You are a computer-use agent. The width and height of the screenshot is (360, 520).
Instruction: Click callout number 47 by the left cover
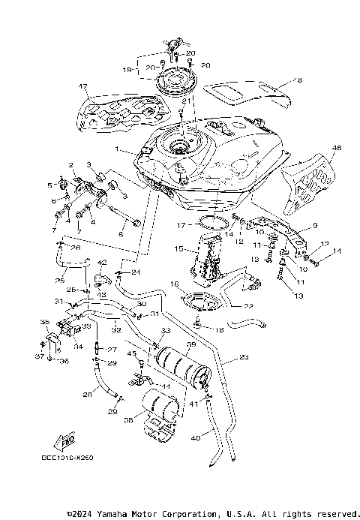pyautogui.click(x=84, y=87)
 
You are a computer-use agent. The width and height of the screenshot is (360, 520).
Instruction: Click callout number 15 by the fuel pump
pyautogui.click(x=178, y=248)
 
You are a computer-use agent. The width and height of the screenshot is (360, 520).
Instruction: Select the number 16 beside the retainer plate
pyautogui.click(x=174, y=285)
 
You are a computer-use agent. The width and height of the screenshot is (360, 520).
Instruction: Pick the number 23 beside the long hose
pyautogui.click(x=244, y=358)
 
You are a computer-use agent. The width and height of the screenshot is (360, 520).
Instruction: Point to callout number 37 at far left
pyautogui.click(x=39, y=356)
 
